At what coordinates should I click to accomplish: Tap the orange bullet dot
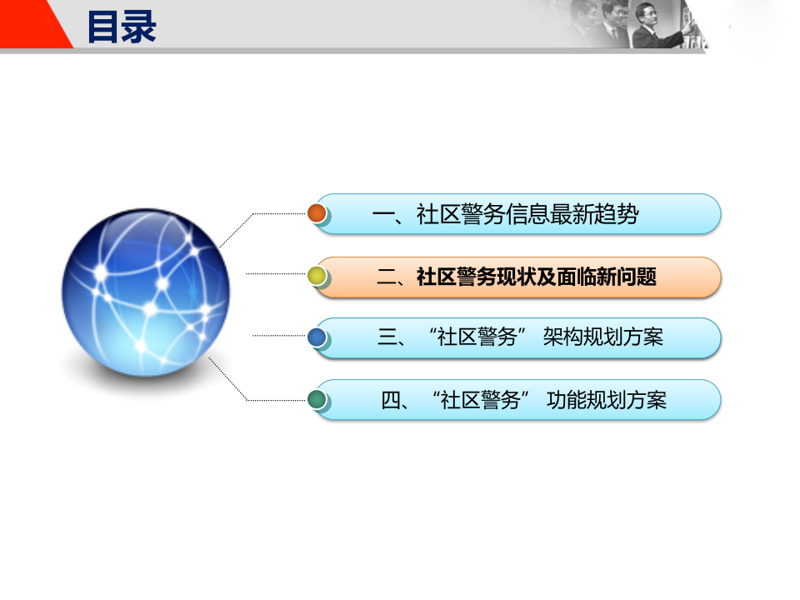pos(317,213)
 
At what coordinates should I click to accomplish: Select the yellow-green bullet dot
pos(317,276)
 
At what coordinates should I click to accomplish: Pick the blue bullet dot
pos(317,337)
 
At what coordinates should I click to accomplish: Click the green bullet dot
pos(317,399)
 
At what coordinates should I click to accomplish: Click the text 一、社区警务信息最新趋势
pos(506,215)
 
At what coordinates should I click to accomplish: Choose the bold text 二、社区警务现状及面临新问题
pos(517,277)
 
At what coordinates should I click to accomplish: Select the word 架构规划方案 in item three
pos(602,337)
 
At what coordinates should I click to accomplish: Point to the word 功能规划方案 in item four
pos(607,400)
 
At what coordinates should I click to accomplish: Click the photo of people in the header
pos(633,25)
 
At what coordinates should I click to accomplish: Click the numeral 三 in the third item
pos(387,337)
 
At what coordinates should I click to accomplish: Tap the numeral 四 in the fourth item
pos(392,400)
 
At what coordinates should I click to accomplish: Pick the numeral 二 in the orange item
pos(387,277)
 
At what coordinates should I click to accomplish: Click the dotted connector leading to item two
pos(275,273)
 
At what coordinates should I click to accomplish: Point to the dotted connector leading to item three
pos(279,336)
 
